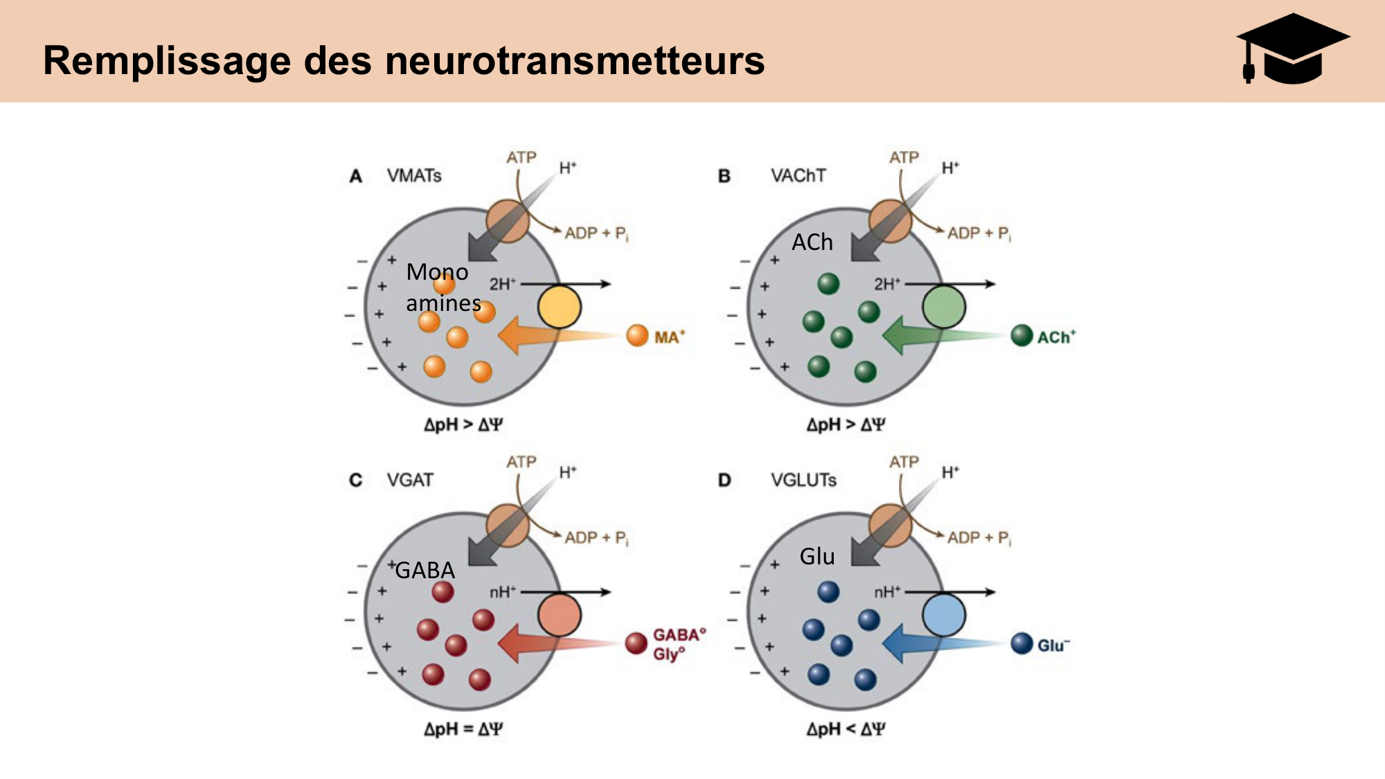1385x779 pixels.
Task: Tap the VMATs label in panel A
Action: (414, 176)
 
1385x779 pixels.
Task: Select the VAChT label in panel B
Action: (798, 176)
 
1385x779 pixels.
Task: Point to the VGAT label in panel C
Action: (410, 480)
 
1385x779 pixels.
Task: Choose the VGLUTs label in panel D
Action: (803, 480)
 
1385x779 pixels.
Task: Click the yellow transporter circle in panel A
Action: (560, 307)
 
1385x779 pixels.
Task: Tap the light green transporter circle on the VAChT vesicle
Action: (944, 307)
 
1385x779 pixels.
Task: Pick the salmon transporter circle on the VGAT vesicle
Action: (560, 615)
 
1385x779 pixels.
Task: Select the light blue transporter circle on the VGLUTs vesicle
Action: (944, 615)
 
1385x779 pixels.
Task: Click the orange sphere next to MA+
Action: (637, 336)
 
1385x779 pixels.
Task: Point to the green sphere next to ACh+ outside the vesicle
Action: (1021, 336)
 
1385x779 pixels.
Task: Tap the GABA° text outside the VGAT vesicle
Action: (679, 635)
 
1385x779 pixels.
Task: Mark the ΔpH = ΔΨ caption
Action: (463, 729)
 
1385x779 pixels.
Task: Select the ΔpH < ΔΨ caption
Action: (846, 729)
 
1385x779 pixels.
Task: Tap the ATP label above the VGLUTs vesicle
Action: (904, 462)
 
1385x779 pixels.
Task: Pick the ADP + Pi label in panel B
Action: (979, 233)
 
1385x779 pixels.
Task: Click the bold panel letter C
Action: (356, 480)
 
